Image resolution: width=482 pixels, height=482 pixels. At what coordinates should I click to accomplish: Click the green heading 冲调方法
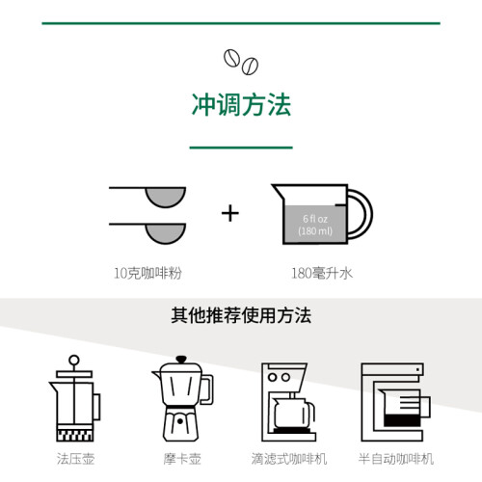pyautogui.click(x=241, y=105)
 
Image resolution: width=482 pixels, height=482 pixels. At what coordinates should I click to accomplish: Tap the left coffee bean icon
pyautogui.click(x=231, y=58)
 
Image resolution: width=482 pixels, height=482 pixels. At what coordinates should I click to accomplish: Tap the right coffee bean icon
pyautogui.click(x=250, y=66)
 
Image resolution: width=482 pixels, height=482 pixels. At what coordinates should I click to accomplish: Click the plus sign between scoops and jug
pyautogui.click(x=230, y=214)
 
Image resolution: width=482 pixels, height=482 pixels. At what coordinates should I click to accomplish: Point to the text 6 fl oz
pyautogui.click(x=315, y=219)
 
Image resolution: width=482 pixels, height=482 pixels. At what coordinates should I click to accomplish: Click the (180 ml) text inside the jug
pyautogui.click(x=315, y=231)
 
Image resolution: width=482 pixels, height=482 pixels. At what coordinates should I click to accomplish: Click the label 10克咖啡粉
pyautogui.click(x=147, y=273)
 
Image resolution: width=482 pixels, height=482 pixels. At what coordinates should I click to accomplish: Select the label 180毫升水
pyautogui.click(x=322, y=274)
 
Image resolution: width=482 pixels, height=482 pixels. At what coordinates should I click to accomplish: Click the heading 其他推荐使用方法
pyautogui.click(x=241, y=315)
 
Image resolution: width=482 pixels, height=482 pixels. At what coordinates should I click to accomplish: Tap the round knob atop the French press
pyautogui.click(x=74, y=360)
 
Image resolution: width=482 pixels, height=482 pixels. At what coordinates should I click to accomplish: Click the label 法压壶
pyautogui.click(x=75, y=459)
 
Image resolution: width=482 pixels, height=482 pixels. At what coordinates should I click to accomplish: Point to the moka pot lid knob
pyautogui.click(x=181, y=360)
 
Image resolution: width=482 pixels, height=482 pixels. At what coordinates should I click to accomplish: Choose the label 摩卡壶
pyautogui.click(x=182, y=459)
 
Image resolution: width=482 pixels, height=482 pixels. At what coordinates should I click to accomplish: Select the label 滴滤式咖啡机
pyautogui.click(x=289, y=459)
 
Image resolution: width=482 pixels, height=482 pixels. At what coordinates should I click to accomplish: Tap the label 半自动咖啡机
pyautogui.click(x=396, y=459)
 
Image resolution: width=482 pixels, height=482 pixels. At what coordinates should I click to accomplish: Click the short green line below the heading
pyautogui.click(x=241, y=147)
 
